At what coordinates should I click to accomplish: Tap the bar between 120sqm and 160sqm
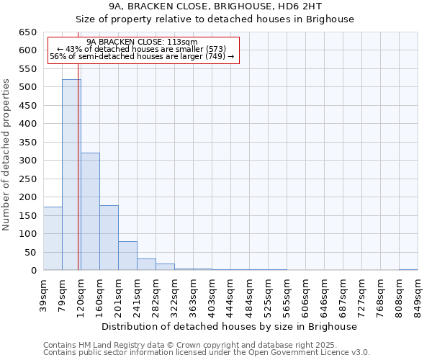point(90,212)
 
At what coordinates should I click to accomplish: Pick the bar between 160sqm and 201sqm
point(109,238)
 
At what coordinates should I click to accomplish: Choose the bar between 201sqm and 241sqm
point(127,256)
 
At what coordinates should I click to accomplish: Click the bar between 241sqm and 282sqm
point(146,264)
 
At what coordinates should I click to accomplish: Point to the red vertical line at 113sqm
point(78,180)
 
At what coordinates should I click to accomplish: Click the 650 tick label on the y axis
point(28,32)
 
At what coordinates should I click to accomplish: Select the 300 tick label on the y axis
point(28,161)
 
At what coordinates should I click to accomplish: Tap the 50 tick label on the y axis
point(31,253)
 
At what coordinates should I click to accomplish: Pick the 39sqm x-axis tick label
point(43,294)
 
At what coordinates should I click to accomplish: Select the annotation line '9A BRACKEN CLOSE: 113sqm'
point(142,42)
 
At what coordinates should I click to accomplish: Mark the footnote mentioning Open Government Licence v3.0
point(207,352)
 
